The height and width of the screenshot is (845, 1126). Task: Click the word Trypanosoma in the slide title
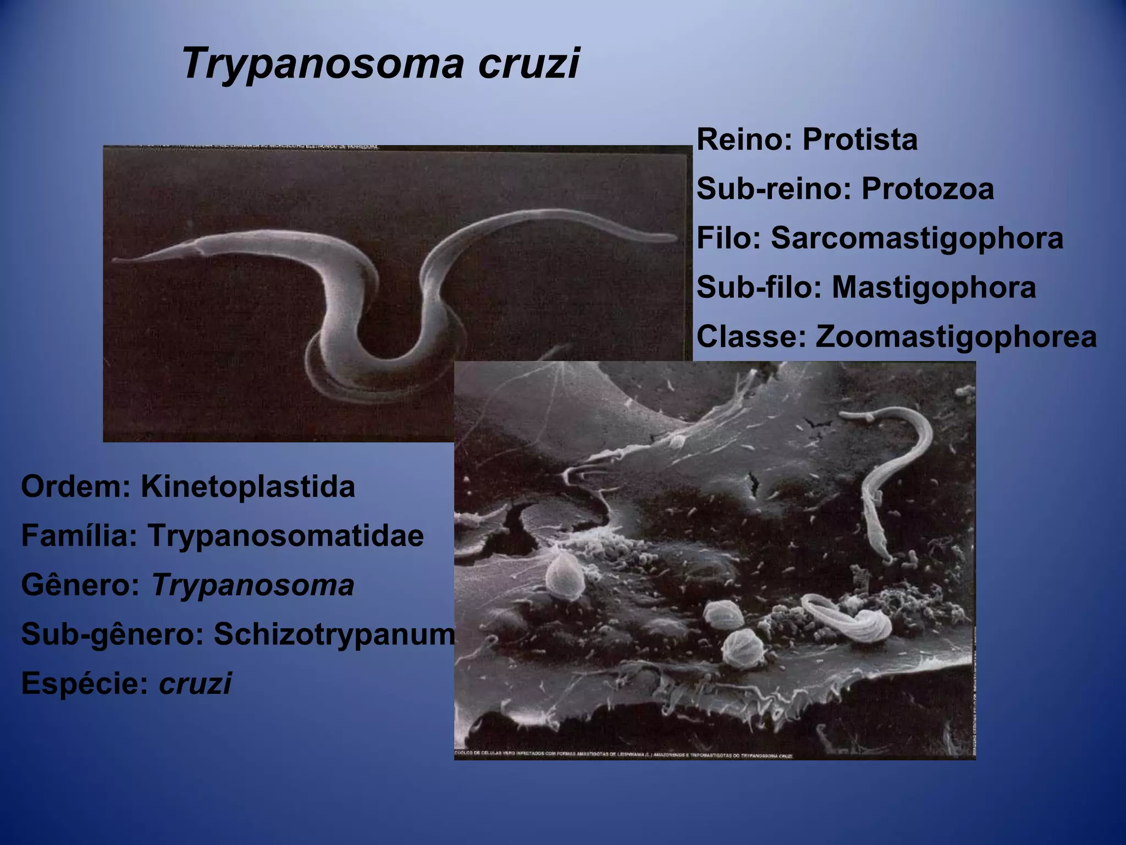pyautogui.click(x=321, y=64)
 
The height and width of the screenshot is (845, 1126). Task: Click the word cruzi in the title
pyautogui.click(x=528, y=63)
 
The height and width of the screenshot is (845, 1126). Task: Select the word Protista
pyautogui.click(x=860, y=140)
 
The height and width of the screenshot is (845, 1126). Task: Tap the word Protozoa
pyautogui.click(x=928, y=189)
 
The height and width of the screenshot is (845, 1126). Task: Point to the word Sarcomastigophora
pyautogui.click(x=917, y=239)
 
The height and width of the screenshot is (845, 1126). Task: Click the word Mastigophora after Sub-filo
pyautogui.click(x=934, y=288)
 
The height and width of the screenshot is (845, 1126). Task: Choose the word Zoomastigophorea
pyautogui.click(x=956, y=337)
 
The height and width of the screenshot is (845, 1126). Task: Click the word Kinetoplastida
pyautogui.click(x=248, y=487)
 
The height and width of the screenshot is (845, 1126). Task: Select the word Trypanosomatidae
pyautogui.click(x=285, y=536)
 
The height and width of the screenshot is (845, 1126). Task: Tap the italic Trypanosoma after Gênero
pyautogui.click(x=253, y=585)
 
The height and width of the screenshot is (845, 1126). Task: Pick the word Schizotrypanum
pyautogui.click(x=334, y=634)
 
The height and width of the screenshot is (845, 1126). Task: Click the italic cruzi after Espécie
pyautogui.click(x=195, y=684)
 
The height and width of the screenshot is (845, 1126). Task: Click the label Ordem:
pyautogui.click(x=76, y=487)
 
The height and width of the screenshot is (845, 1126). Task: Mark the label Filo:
pyautogui.click(x=729, y=239)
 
